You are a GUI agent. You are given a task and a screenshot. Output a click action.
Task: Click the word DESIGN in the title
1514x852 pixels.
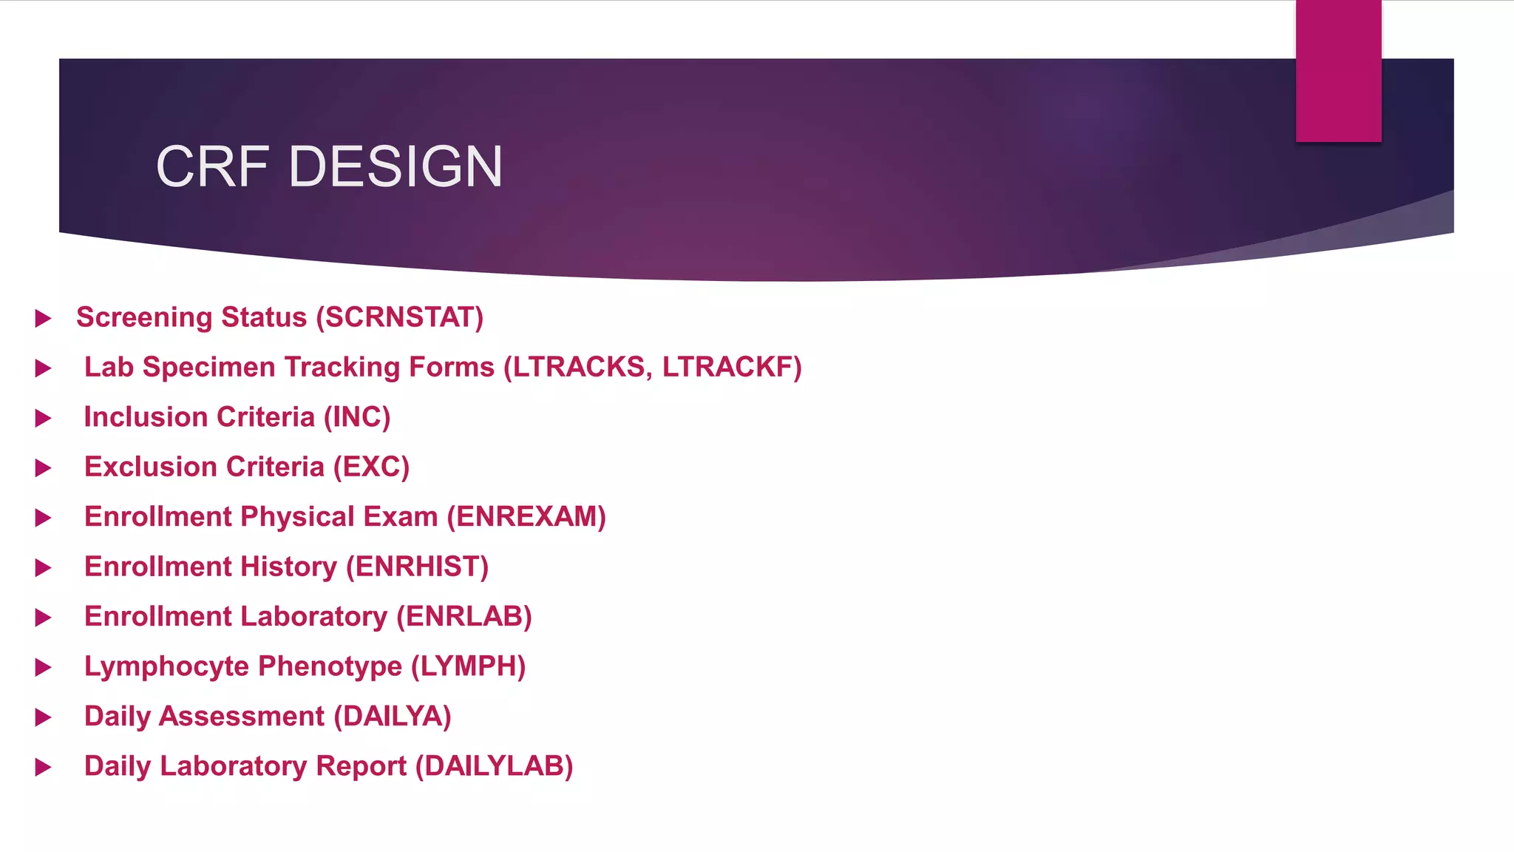pos(396,166)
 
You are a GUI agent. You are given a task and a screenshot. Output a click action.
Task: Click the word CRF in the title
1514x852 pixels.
pos(212,166)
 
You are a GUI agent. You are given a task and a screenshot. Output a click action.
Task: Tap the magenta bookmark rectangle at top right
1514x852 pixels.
pos(1338,71)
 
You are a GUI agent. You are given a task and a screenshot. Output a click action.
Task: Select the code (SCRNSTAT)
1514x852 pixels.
pos(400,317)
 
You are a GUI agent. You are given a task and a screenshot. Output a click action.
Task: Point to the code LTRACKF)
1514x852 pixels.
pos(732,367)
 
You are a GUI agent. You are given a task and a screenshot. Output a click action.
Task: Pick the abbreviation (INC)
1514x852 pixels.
pos(357,417)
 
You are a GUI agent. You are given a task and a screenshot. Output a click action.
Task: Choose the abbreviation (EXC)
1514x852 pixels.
pos(371,467)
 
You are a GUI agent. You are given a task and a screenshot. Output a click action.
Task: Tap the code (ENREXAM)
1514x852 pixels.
pos(526,517)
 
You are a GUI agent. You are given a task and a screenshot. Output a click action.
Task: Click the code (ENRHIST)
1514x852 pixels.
pos(418,567)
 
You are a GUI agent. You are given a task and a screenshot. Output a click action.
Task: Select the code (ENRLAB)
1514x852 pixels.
pos(464,617)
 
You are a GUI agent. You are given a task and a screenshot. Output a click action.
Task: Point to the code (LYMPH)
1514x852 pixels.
pos(469,666)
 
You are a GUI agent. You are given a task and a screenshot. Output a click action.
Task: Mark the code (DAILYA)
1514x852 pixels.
pos(393,717)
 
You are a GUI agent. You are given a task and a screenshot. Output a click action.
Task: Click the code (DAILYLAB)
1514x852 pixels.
pos(495,766)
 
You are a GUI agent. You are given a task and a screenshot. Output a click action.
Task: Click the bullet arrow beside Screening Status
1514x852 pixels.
pos(44,319)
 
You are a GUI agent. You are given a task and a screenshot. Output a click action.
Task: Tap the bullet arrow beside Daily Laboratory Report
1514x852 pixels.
pos(44,768)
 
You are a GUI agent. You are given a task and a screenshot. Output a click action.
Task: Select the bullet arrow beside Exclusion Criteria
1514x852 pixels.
pos(44,468)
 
